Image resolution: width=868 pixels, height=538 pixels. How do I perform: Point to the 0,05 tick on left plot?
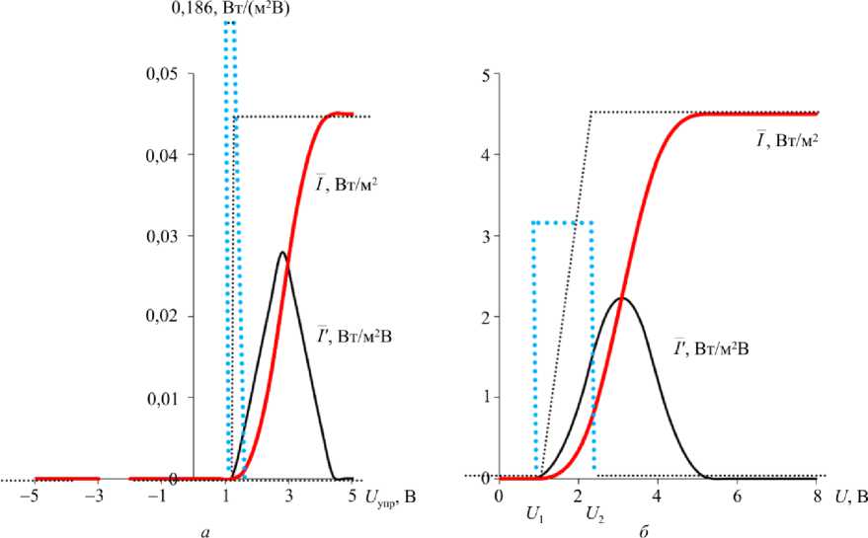pos(163,74)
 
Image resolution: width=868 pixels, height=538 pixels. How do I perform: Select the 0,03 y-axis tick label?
pos(163,236)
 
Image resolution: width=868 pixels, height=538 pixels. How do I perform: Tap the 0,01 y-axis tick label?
pos(163,398)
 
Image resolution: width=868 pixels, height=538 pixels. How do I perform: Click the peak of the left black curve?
pos(282,252)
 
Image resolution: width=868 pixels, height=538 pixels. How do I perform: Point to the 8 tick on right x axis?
pos(817,497)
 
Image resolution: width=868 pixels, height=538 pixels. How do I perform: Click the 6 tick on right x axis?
pos(737,497)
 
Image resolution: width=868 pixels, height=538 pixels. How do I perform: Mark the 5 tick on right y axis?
pos(486,74)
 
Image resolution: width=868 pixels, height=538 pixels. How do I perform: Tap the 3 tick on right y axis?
pos(486,236)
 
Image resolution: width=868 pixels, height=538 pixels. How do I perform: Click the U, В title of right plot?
pos(850,497)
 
